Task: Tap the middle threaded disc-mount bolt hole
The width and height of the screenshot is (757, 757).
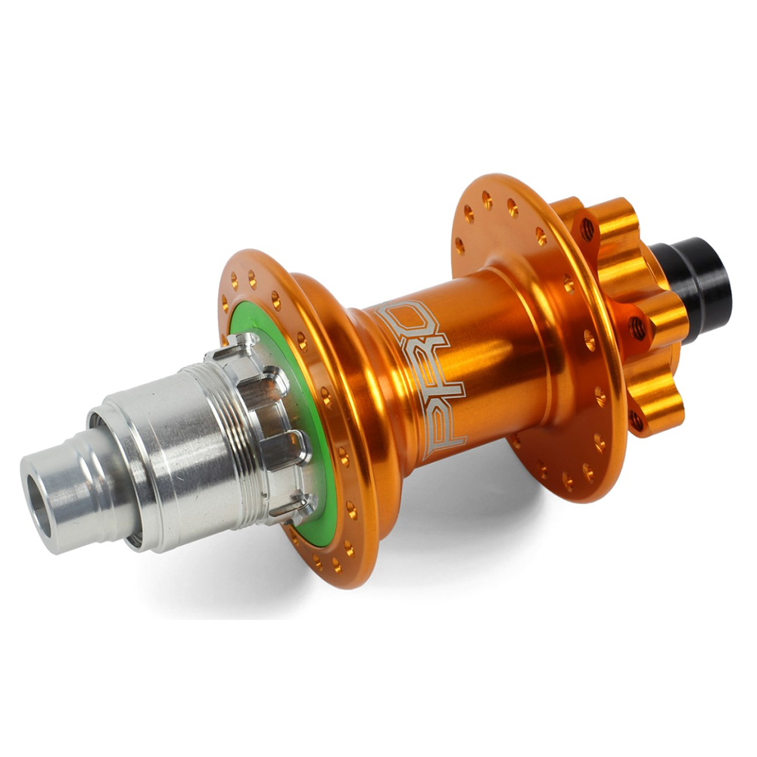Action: [x=637, y=327]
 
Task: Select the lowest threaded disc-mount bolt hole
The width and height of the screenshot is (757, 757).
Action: [x=637, y=420]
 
